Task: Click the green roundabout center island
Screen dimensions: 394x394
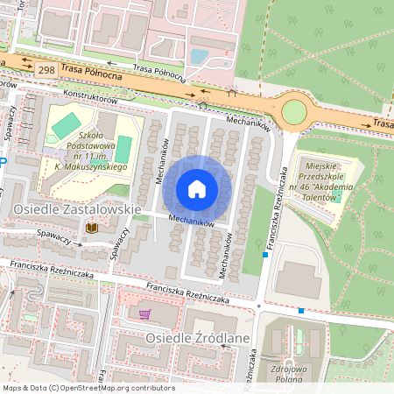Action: [x=294, y=111]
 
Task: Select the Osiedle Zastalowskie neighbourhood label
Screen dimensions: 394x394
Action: [x=77, y=210]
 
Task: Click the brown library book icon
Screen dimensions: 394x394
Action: [x=91, y=228]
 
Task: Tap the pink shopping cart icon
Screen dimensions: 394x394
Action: [x=144, y=313]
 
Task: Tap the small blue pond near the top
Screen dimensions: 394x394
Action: [x=200, y=57]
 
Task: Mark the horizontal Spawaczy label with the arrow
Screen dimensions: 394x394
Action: [x=54, y=234]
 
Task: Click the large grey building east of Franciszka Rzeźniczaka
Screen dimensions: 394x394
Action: [x=298, y=280]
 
